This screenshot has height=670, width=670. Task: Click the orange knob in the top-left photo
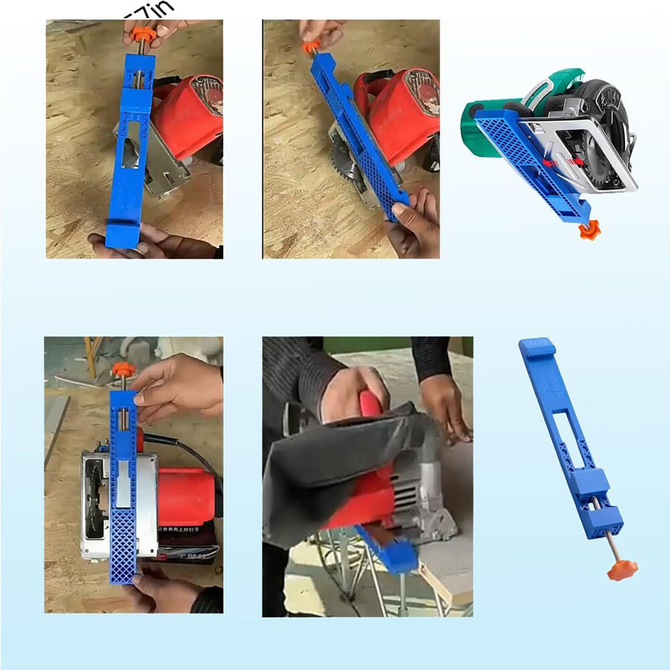pyautogui.click(x=143, y=34)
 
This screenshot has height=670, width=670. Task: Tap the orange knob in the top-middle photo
pyautogui.click(x=310, y=48)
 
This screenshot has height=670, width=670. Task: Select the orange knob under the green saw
pyautogui.click(x=590, y=230)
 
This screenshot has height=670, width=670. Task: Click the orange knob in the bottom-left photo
pyautogui.click(x=123, y=369)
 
